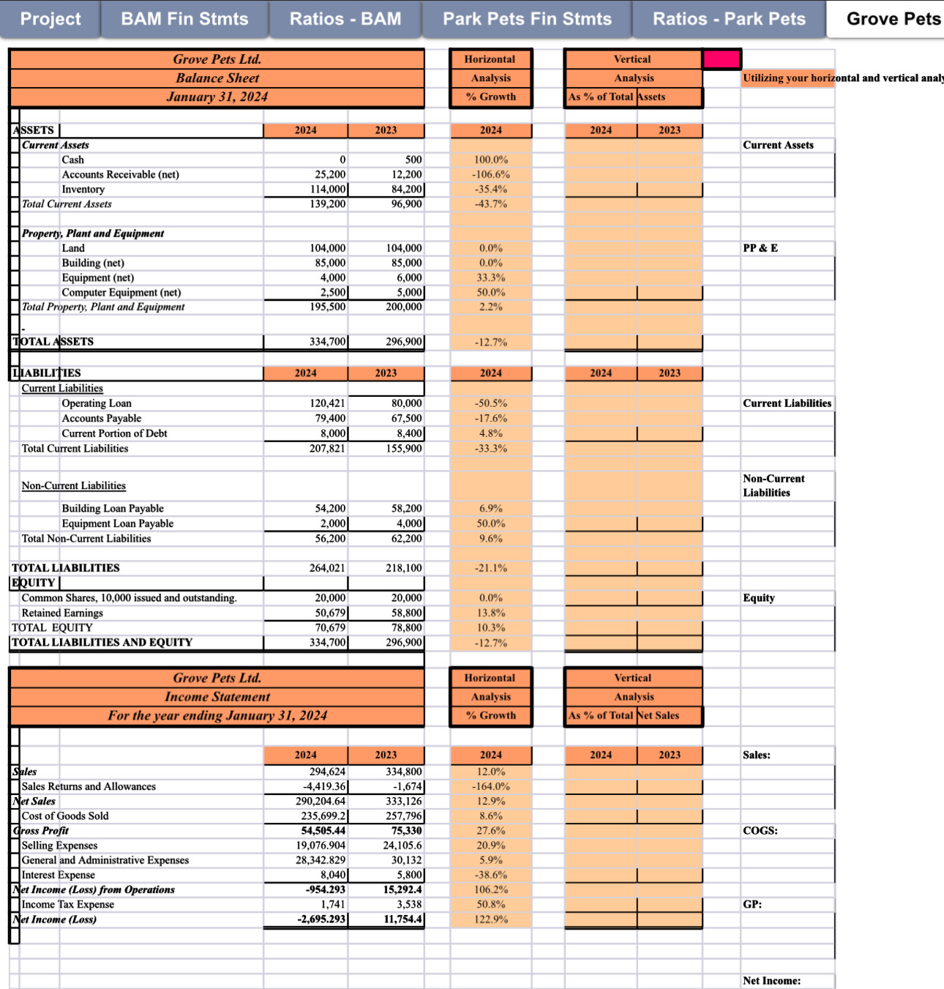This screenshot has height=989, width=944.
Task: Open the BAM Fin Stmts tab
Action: coord(184,19)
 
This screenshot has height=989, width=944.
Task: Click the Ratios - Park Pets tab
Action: coord(729,19)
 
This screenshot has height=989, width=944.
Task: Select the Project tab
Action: coord(50,19)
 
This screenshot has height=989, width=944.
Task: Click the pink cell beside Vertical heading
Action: coord(722,59)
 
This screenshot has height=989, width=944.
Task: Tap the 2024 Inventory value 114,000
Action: coord(328,189)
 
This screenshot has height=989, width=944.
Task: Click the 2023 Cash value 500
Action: coord(413,160)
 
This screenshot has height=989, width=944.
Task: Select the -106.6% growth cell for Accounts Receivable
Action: coord(491,174)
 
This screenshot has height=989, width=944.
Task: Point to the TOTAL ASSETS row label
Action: coord(53,342)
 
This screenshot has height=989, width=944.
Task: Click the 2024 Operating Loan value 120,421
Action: coord(327,403)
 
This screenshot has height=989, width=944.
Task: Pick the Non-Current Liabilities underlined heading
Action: coord(74,485)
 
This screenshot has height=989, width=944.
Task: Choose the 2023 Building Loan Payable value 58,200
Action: coord(407,508)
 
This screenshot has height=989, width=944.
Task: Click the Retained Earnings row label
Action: coord(62,613)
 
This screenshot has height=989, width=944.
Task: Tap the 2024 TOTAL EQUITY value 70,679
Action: coord(330,627)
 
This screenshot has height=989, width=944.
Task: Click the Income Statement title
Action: coord(217,697)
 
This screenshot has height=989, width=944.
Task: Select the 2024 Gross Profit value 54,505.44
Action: coord(323,830)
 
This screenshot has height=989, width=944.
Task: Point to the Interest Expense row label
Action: coord(59,875)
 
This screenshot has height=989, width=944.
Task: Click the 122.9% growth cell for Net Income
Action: coord(491,919)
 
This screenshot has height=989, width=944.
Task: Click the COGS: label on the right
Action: coord(760,830)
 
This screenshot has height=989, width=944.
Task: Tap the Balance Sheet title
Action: coord(217,78)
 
